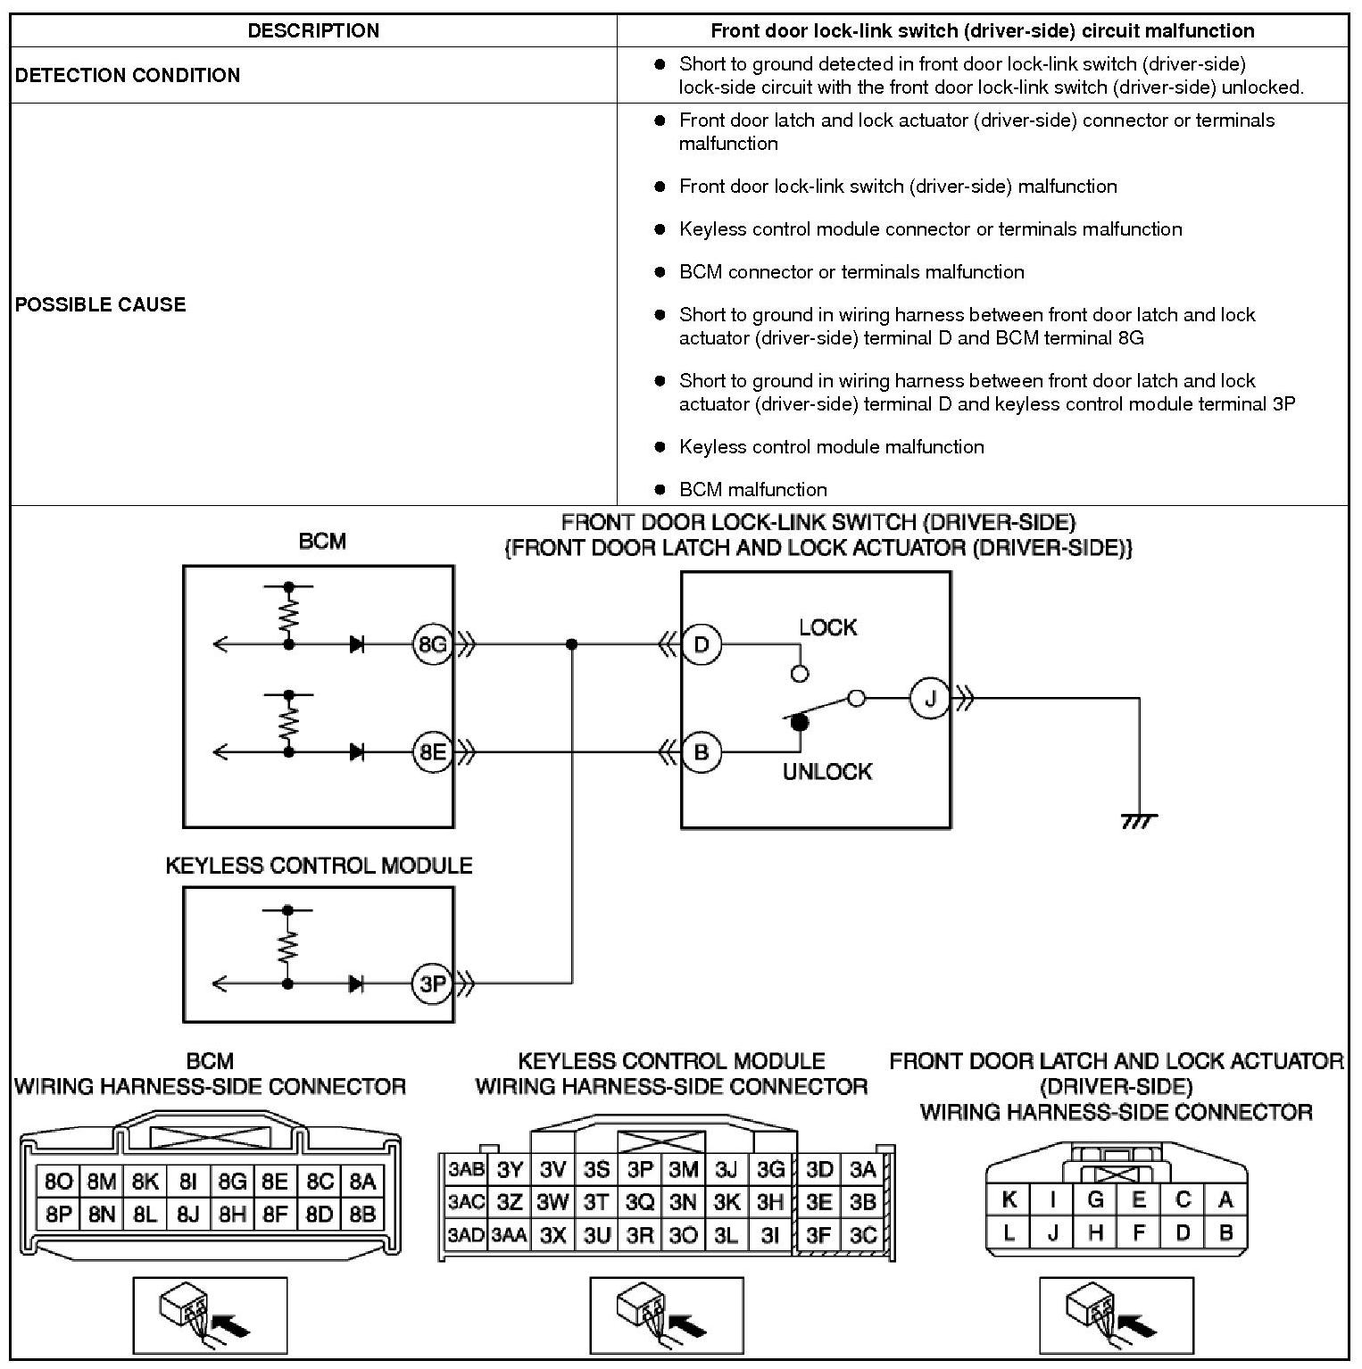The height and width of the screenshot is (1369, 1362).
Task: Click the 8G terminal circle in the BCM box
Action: pos(433,644)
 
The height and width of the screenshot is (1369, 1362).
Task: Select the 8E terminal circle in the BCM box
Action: pos(433,752)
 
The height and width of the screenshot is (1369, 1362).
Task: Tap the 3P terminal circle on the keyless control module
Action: pos(433,983)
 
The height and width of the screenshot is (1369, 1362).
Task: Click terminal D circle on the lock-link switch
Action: pos(702,644)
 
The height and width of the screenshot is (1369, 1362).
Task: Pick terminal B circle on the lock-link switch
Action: pos(702,752)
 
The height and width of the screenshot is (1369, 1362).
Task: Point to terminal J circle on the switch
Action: pos(930,698)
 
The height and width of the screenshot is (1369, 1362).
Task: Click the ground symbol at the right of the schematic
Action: pos(1139,820)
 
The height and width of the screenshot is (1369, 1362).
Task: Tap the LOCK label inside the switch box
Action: pos(827,627)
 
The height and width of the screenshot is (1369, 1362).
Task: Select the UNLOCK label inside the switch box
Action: pos(827,772)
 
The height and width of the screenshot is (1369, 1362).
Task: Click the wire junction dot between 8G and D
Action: pos(572,644)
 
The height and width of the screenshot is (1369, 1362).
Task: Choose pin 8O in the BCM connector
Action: pos(58,1182)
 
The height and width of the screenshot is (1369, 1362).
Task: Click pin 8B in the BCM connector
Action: pos(362,1214)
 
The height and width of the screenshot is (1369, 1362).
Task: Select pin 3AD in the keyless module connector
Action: pos(466,1235)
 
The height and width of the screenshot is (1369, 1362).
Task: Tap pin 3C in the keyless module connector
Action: pos(862,1235)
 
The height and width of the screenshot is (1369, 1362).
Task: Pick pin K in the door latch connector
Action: pos(1009,1199)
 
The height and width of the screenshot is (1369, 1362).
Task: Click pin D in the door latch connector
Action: pos(1183,1233)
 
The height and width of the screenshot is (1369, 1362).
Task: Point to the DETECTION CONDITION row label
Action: pos(128,75)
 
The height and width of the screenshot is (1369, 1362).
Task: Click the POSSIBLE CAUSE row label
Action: pos(101,304)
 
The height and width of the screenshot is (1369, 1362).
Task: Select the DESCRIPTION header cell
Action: pos(313,30)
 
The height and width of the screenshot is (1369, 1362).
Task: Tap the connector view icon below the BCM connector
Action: pos(211,1315)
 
